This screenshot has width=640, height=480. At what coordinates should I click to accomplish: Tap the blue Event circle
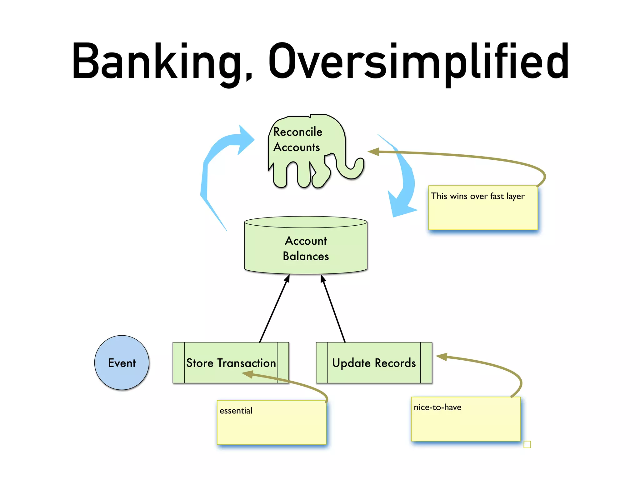(x=122, y=363)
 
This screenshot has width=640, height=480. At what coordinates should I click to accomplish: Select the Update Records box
(x=374, y=363)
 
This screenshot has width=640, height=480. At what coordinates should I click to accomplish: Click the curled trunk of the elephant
(x=353, y=170)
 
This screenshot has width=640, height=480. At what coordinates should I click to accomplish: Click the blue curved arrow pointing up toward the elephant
(x=216, y=162)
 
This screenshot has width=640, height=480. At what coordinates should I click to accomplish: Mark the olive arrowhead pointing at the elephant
(x=374, y=152)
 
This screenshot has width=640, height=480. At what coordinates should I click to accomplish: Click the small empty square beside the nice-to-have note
(x=527, y=444)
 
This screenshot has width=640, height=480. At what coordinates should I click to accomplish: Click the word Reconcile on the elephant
(x=297, y=132)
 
